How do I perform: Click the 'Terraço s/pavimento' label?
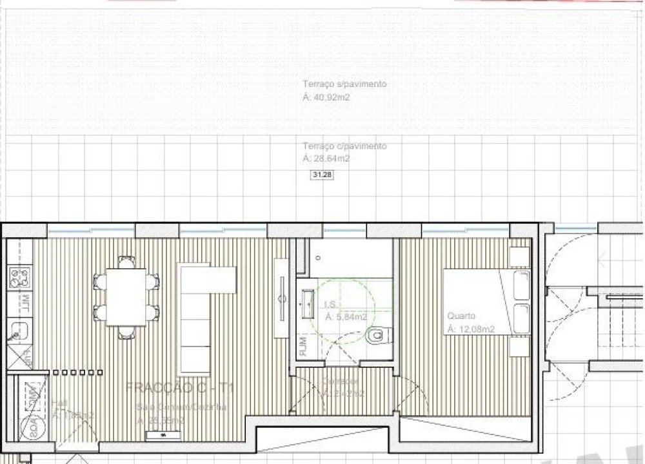point(344,84)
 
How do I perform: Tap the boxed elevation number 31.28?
point(322,175)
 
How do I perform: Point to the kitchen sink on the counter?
point(15,335)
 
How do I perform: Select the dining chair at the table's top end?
point(126,261)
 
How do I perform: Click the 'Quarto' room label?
point(461,316)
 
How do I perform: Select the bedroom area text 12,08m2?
point(470,329)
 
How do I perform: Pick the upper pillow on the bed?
point(519,287)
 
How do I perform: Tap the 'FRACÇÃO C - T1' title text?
point(179,387)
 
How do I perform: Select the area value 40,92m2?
point(326,97)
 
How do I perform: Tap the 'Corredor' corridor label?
point(340,382)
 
